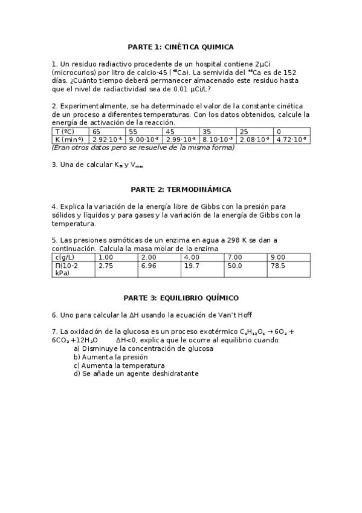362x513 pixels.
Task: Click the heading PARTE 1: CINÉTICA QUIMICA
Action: pyautogui.click(x=181, y=47)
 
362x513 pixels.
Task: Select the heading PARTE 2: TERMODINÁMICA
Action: pyautogui.click(x=181, y=189)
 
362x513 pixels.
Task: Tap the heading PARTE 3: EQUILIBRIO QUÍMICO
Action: pyautogui.click(x=181, y=298)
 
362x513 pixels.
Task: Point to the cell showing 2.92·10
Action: pyautogui.click(x=106, y=139)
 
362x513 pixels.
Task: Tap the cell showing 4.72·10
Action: pyautogui.click(x=291, y=139)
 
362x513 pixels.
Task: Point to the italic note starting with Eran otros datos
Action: pyautogui.click(x=143, y=147)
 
